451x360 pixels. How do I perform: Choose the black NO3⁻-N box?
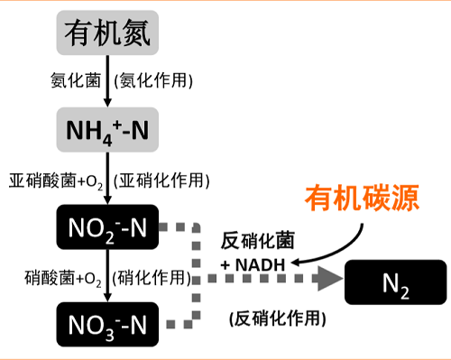pos(107,322)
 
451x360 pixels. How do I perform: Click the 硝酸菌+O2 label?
pos(64,275)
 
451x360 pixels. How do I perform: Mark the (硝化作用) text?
pos(153,275)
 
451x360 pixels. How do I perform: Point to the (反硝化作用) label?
pos(278,318)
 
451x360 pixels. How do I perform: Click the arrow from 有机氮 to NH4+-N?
pos(108,83)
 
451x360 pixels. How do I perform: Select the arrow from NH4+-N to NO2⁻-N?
pos(108,179)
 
